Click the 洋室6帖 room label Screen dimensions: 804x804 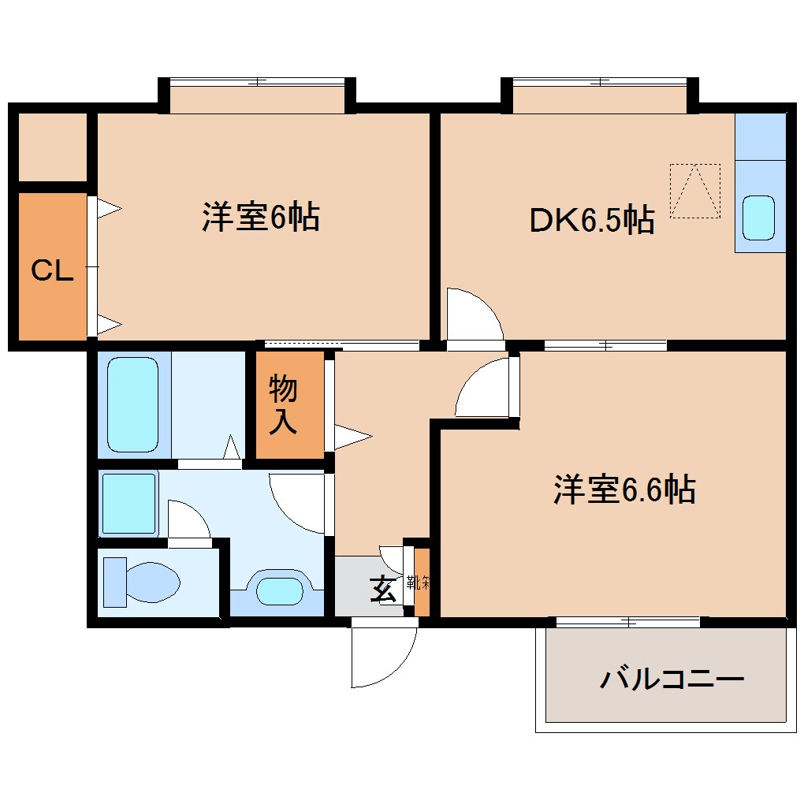pos(260,217)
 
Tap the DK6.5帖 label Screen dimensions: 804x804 pos(591,221)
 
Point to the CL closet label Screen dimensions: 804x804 pos(52,271)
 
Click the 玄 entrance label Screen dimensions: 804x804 pos(384,589)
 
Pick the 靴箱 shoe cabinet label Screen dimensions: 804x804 pos(419,583)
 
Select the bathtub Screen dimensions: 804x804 pos(132,404)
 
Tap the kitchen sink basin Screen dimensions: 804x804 pos(760,217)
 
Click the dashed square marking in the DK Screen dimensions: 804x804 pos(694,190)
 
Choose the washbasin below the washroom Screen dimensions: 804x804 pos(280,591)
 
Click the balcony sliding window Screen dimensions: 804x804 pos(627,622)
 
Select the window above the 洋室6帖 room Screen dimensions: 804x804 pos(257,81)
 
